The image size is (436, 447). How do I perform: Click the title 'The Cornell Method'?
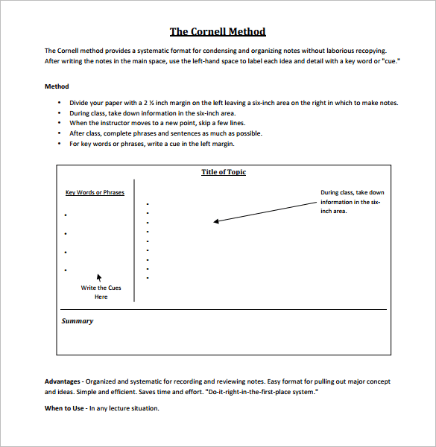tap(218, 31)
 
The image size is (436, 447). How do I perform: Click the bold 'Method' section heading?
tap(57, 86)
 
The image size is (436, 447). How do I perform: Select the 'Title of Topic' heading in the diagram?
tap(224, 172)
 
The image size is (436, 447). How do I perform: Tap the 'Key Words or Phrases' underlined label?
tap(95, 192)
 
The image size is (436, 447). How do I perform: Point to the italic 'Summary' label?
tap(78, 321)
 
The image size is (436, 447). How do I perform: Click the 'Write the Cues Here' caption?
tap(101, 292)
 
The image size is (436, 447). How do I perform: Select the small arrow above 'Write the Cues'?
tap(100, 276)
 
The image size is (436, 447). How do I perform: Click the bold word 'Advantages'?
tap(63, 381)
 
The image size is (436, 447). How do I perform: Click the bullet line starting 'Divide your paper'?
tap(233, 103)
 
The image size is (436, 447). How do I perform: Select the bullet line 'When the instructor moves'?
tap(168, 123)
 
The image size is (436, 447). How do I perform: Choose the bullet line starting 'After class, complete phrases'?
tap(176, 133)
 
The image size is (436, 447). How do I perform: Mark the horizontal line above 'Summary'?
tap(224, 309)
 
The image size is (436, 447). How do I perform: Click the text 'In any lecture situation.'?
tap(124, 408)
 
